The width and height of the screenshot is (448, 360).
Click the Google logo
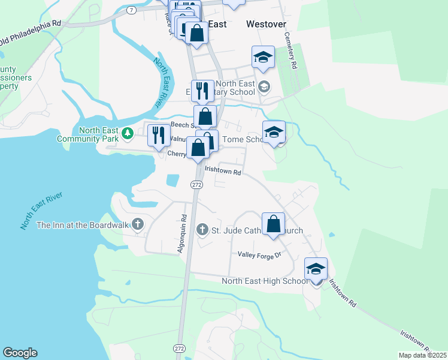[x=20, y=353]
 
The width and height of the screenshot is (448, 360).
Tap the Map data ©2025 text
[x=422, y=355]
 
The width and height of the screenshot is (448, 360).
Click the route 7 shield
[x=131, y=11]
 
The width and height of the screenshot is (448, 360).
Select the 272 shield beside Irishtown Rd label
[x=197, y=185]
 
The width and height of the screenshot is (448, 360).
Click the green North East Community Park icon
[x=126, y=132]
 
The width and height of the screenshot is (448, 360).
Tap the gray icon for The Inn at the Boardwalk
[x=138, y=224]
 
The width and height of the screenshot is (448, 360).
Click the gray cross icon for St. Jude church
[x=202, y=230]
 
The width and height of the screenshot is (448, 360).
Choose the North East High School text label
[x=265, y=281]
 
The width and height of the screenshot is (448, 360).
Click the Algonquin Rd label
[x=182, y=234]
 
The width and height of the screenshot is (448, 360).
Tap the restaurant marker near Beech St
[x=159, y=134]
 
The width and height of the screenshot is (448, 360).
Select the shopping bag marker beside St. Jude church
[x=273, y=224]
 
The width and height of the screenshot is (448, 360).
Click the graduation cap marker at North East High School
[x=316, y=268]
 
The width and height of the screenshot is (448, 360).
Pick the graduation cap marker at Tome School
[x=274, y=131]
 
